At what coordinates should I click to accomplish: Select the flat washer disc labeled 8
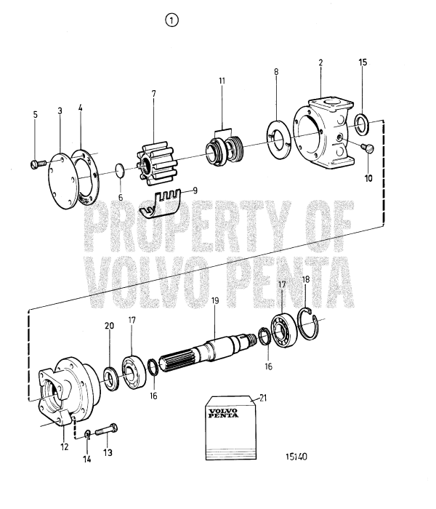(278, 137)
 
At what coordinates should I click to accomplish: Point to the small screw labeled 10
(366, 149)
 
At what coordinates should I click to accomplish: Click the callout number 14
(86, 459)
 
